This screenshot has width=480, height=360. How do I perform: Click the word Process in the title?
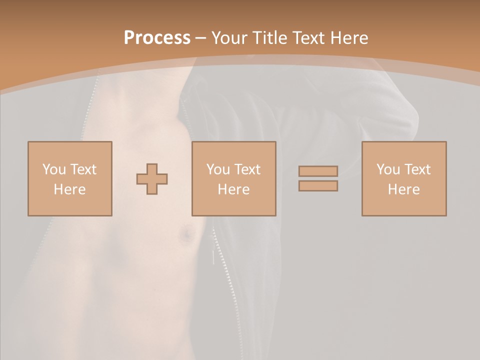[x=157, y=38]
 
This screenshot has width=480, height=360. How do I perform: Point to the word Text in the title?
[x=310, y=38]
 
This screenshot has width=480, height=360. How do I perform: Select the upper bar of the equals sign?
[x=318, y=171]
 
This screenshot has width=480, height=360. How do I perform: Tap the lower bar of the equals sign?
[x=318, y=186]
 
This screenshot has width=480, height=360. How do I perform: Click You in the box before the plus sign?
[x=53, y=169]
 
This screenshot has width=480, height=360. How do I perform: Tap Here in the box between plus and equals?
[x=234, y=189]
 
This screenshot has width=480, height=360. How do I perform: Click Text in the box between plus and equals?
[x=246, y=169]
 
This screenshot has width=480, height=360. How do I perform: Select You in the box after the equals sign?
[x=388, y=169]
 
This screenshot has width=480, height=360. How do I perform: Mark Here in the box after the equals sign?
[x=404, y=189]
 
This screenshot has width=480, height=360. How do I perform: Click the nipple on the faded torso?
[x=186, y=233]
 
